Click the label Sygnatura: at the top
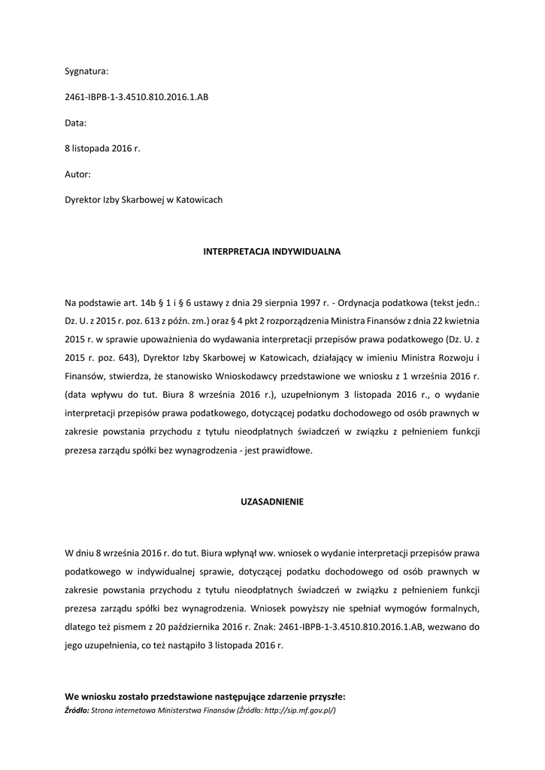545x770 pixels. pos(86,71)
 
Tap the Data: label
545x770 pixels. pos(76,123)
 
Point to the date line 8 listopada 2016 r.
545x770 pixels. pos(102,149)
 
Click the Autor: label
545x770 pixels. pos(77,174)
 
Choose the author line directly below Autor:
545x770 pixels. pos(144,200)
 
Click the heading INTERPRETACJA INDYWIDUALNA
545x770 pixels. pos(272,251)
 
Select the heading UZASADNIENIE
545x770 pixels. pos(272,502)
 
